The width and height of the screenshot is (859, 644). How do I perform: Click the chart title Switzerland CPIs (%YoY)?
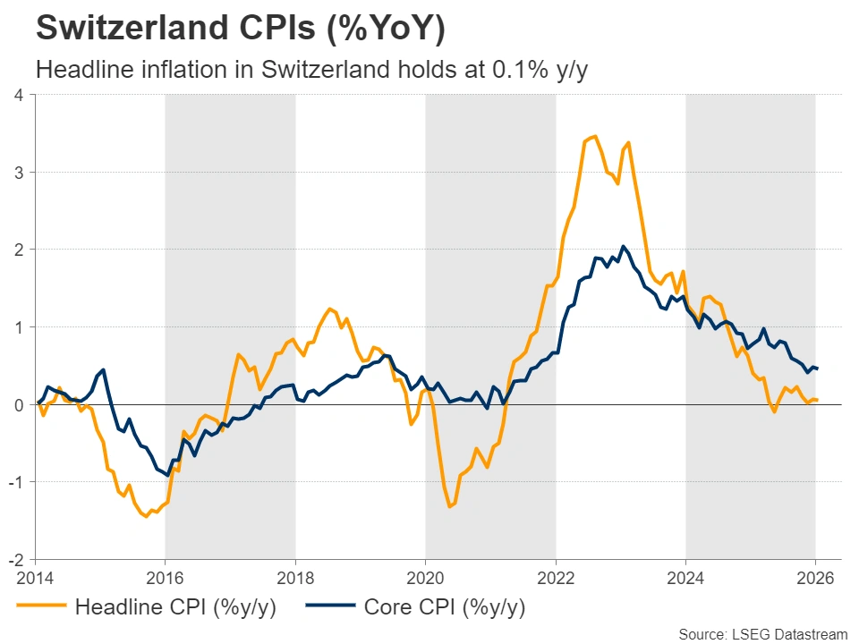[x=240, y=29]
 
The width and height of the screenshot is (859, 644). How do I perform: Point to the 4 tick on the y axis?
[x=19, y=94]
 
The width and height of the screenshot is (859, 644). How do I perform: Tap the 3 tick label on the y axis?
[x=19, y=172]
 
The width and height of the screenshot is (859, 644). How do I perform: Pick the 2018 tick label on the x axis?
[x=295, y=578]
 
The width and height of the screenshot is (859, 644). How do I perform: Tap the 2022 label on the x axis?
[x=556, y=578]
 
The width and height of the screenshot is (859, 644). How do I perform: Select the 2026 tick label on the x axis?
[x=816, y=578]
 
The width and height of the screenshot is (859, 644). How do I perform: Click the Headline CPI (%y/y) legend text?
[x=175, y=608]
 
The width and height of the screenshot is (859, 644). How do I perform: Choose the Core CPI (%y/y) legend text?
[x=445, y=608]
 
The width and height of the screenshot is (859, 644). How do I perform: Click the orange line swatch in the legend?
[x=41, y=608]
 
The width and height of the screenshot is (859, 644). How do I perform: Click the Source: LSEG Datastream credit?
[x=761, y=633]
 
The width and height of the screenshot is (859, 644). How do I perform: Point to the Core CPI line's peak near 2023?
[x=623, y=246]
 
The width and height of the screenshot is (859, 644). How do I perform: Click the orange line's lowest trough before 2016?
[x=146, y=517]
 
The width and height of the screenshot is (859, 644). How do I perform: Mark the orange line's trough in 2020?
[x=449, y=507]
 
